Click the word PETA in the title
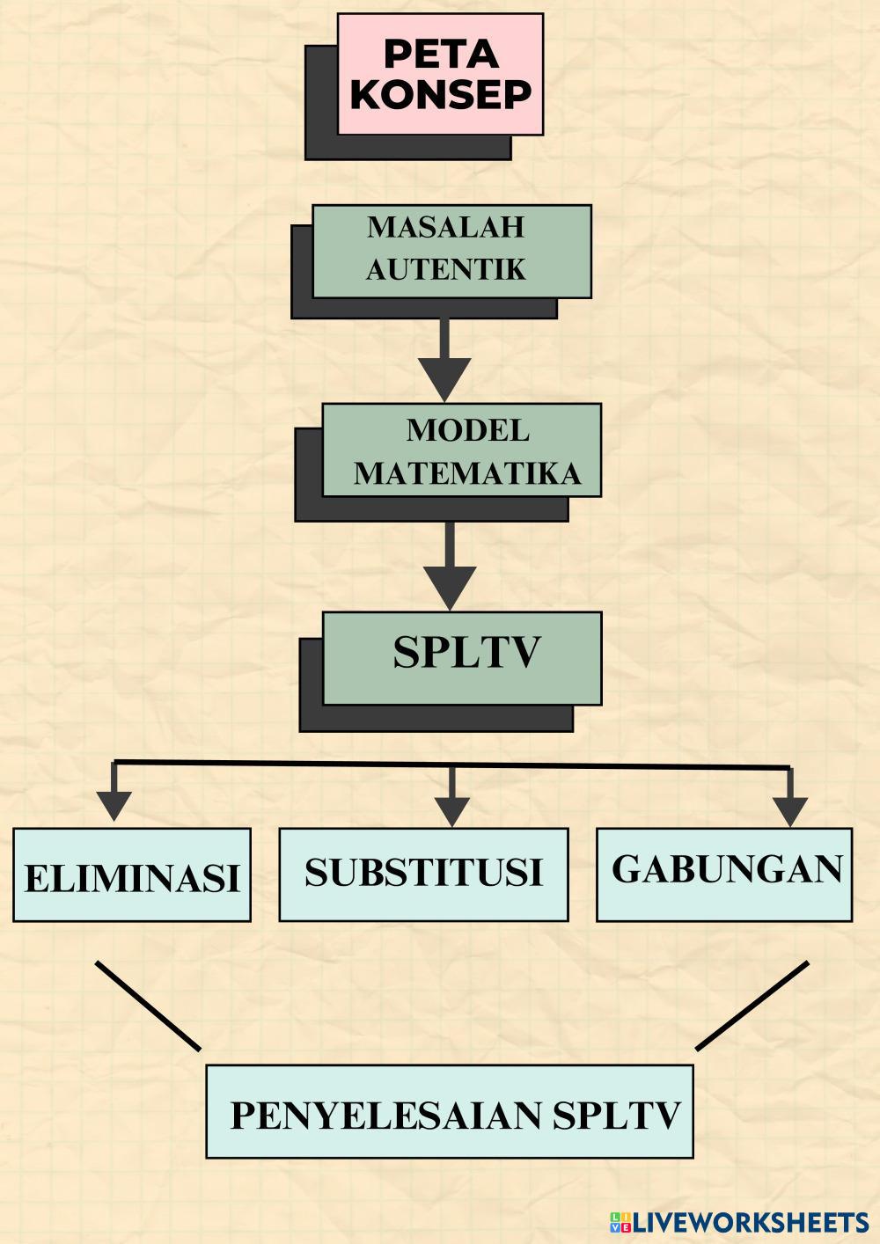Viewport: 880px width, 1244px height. (x=441, y=55)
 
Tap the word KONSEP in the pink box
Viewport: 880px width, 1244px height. (x=441, y=95)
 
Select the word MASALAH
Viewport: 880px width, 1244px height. (x=445, y=227)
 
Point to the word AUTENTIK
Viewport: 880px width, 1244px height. (x=445, y=269)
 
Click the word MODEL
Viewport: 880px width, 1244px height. (x=467, y=430)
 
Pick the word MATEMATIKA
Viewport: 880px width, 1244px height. (x=467, y=473)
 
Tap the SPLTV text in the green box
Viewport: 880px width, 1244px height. (x=466, y=653)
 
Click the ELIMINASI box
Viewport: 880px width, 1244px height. (x=132, y=876)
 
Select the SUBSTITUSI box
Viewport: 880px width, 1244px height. (x=423, y=874)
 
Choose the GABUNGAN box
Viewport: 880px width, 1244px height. (x=724, y=872)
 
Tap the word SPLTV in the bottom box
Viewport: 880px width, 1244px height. (x=617, y=1116)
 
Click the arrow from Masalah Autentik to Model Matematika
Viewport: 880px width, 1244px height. (x=444, y=361)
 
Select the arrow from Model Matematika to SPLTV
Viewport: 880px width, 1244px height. (x=450, y=567)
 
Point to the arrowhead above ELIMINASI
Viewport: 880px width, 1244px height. (x=114, y=803)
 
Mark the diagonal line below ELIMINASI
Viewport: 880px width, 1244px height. (x=148, y=1006)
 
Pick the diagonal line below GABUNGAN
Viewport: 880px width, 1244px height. (x=752, y=1006)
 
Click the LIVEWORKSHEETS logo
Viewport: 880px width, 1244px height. (x=738, y=1222)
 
